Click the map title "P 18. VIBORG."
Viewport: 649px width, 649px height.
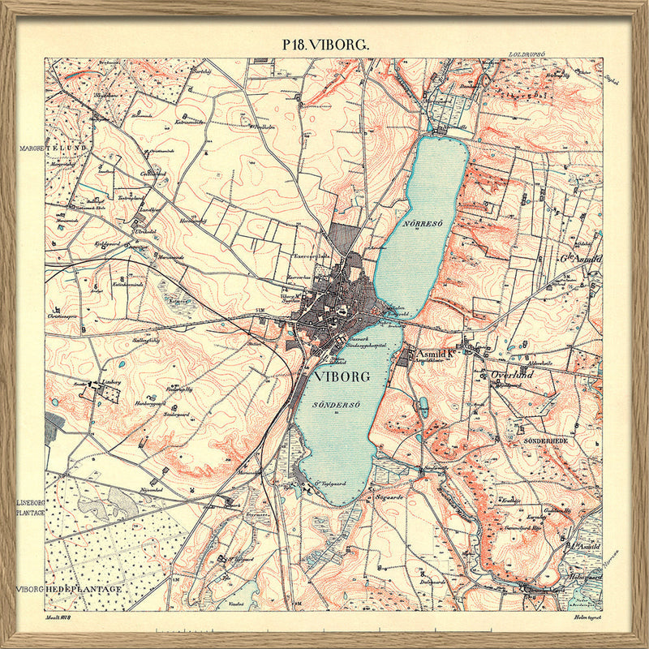(324, 45)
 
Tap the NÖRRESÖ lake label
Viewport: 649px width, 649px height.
(419, 221)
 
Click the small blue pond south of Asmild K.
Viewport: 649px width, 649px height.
(423, 406)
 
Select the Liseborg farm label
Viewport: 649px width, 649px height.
(109, 380)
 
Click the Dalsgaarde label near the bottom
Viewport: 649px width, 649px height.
(435, 581)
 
